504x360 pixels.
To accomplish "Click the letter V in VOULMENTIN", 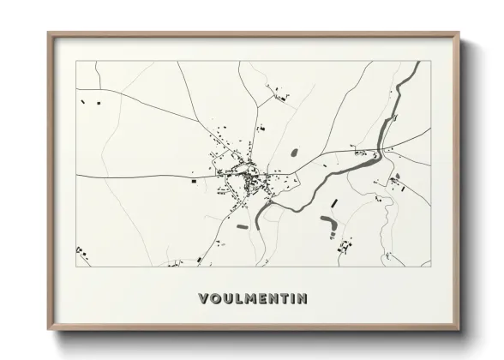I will pos(202,299).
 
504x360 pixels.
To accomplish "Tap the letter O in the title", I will pos(215,299).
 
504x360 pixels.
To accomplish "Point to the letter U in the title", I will pos(228,299).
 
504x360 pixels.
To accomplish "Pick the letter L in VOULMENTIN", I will pos(240,299).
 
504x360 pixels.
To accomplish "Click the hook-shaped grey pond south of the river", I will pos(328,225).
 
